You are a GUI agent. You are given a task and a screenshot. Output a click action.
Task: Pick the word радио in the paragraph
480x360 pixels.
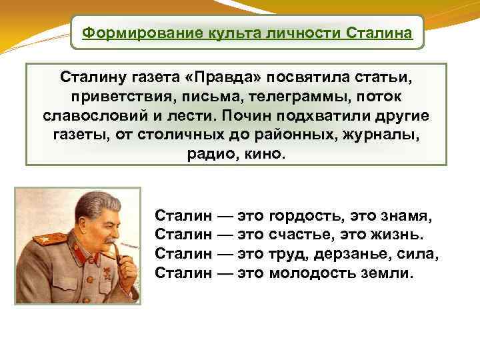203,153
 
